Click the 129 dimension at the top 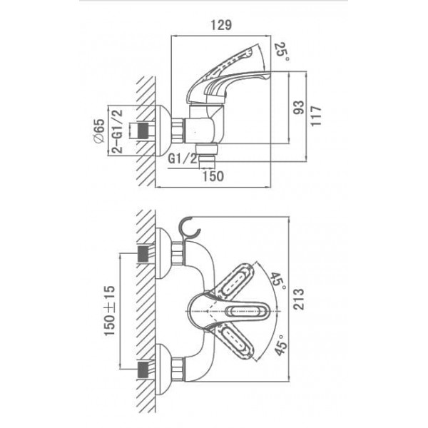[x=221, y=25]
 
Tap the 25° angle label [x=282, y=51]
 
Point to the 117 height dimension [x=316, y=116]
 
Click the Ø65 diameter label [x=99, y=131]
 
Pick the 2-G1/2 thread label [x=118, y=131]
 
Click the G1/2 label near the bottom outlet [x=183, y=158]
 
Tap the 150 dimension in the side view [x=213, y=176]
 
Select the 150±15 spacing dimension [x=109, y=310]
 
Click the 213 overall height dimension [x=298, y=299]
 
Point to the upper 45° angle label [x=278, y=280]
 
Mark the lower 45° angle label [x=281, y=345]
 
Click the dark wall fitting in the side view [x=143, y=131]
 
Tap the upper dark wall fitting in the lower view [x=143, y=254]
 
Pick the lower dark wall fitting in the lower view [x=143, y=370]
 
